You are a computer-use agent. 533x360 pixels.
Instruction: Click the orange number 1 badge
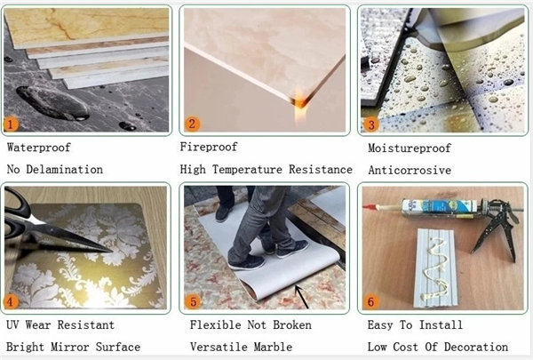point(10,124)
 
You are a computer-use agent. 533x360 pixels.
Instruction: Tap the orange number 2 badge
point(192,124)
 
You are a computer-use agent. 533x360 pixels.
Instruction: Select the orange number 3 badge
point(370,124)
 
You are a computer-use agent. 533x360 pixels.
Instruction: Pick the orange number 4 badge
point(10,301)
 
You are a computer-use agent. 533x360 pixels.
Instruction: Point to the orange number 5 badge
point(193,301)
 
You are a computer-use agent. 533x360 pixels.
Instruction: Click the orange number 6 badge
point(370,301)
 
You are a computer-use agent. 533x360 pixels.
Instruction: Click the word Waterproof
point(39,148)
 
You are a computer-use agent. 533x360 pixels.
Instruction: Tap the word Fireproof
point(209,147)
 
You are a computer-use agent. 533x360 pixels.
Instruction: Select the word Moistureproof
point(410,148)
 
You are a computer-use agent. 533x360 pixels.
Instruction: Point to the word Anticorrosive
point(410,170)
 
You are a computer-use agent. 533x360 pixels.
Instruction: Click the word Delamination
point(65,170)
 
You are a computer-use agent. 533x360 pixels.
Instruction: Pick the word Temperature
point(248,170)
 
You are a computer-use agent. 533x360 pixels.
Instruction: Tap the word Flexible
point(215,325)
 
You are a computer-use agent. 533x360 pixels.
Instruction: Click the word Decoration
point(476,347)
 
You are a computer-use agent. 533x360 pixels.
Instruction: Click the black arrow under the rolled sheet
point(302,297)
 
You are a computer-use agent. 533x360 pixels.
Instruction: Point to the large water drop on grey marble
point(52,103)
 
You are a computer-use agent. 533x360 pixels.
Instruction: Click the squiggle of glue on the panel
point(434,268)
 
